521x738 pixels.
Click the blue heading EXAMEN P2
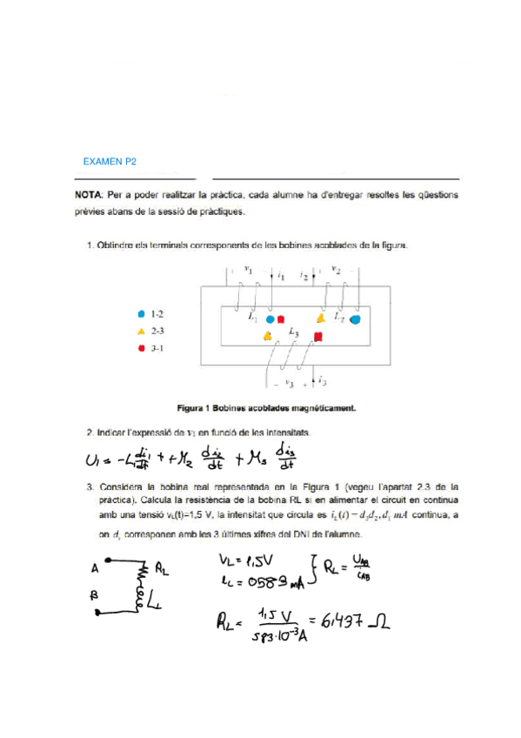pos(109,162)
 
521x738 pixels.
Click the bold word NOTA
pos(90,194)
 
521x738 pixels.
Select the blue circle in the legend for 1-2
pos(141,312)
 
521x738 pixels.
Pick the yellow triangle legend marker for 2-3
pos(141,331)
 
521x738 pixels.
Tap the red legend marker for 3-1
pos(141,348)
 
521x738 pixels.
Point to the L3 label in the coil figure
pos(294,334)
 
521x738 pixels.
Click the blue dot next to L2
pos(355,319)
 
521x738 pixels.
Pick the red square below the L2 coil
pos(318,336)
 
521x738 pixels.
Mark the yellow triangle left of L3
pos(268,336)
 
